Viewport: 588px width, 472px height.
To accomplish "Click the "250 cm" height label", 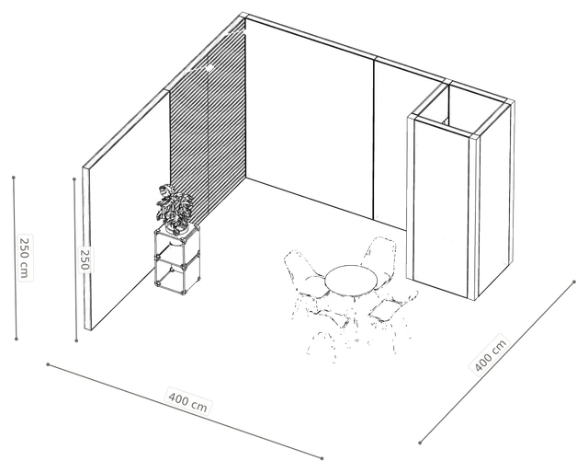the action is [x=25, y=258].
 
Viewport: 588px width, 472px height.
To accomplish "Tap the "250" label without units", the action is [x=85, y=259].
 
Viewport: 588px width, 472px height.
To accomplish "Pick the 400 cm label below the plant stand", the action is [x=187, y=401].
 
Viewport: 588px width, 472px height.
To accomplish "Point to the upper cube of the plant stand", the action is [x=176, y=246].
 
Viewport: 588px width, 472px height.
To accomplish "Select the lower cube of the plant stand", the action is [x=176, y=274].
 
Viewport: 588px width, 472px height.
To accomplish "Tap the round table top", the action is [x=351, y=280].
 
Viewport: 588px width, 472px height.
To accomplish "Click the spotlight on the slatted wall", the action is [x=209, y=67].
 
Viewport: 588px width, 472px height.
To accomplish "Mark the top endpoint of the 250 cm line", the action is [x=14, y=177].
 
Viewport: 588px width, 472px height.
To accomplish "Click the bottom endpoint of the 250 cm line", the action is [x=17, y=340].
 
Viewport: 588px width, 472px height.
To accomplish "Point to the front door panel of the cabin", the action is [x=441, y=206].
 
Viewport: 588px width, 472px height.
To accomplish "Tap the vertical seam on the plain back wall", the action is [x=374, y=139].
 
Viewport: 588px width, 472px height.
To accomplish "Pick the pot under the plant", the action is [x=177, y=227].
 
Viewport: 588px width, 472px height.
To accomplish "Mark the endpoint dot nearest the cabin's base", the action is [x=574, y=282].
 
